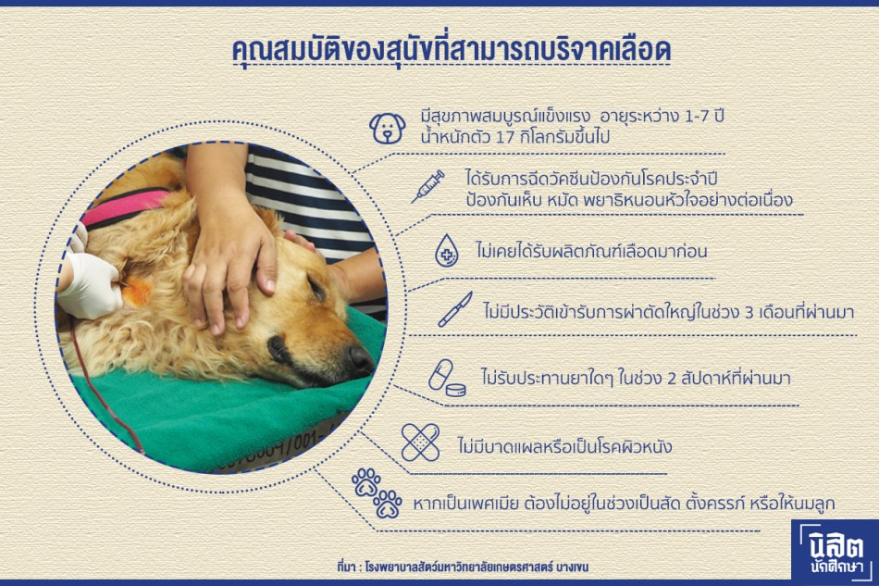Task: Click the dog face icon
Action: point(388,129)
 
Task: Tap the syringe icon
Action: point(427,187)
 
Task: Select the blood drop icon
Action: point(447,251)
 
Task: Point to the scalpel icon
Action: point(454,309)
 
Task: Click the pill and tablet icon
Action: point(447,378)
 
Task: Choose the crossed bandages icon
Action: point(420,443)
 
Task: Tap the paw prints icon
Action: point(377,492)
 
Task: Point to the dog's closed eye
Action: point(317,289)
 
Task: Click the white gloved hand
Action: point(90,284)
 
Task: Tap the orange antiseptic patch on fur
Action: point(136,292)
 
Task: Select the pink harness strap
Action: point(125,207)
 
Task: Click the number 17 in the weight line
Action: point(505,137)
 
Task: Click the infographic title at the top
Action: point(452,51)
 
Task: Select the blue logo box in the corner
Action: point(836,550)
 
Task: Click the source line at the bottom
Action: point(463,567)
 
